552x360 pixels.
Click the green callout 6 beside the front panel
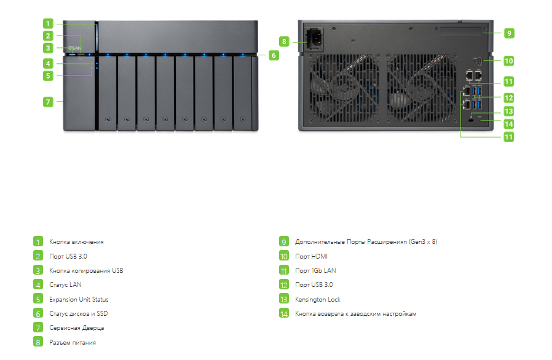coord(274,55)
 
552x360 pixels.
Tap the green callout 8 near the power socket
coord(284,42)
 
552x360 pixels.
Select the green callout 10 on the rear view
coord(509,61)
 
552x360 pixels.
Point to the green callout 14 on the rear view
coord(509,124)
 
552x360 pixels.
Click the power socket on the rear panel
coord(314,38)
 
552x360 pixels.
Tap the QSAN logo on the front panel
coord(74,48)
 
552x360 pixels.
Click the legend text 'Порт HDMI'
coord(311,256)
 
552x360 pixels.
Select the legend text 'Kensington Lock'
coord(318,299)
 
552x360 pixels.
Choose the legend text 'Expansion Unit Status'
coord(79,299)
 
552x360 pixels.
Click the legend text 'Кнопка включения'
coord(76,242)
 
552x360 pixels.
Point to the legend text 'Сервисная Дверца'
coord(76,328)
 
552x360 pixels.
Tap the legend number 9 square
coord(284,241)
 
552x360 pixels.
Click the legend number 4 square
coord(38,284)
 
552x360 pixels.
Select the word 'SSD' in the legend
coord(102,313)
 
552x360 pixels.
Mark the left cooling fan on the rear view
coord(344,87)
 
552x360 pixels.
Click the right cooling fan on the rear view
coord(421,87)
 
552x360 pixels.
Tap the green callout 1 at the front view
coord(48,23)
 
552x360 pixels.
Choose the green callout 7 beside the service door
coord(48,102)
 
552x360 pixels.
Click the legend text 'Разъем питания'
coord(73,342)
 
